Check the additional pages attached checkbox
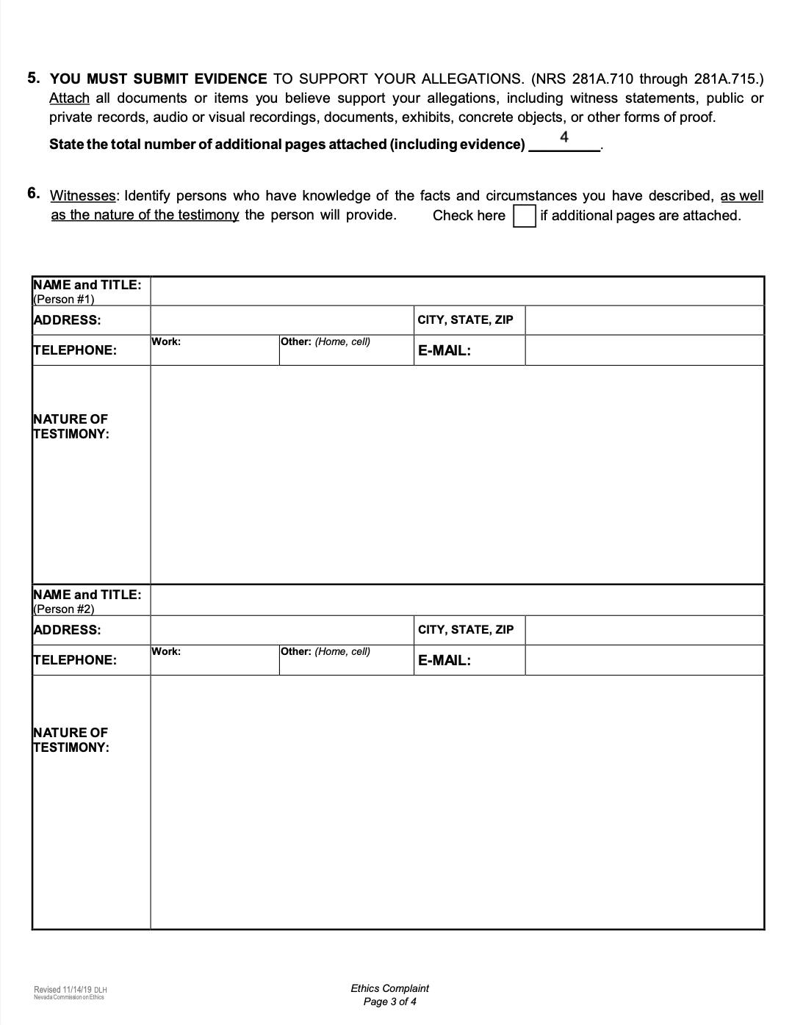click(524, 216)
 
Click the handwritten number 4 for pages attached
click(564, 137)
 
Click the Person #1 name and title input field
click(456, 291)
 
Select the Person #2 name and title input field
click(456, 601)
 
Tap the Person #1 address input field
click(281, 320)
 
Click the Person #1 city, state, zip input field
click(644, 320)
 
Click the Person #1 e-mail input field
click(644, 350)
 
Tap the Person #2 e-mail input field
click(644, 660)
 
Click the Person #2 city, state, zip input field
click(644, 630)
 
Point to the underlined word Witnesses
click(83, 196)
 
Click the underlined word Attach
click(69, 98)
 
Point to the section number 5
click(34, 78)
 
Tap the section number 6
click(34, 194)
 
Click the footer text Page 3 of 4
click(389, 1002)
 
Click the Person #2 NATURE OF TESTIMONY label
click(71, 740)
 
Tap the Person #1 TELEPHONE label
click(75, 350)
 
